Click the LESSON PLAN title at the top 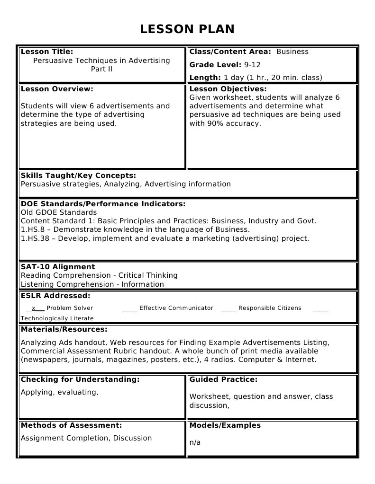coord(187,29)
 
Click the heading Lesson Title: coord(47,52)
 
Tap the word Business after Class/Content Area coord(292,52)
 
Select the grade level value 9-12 coord(252,65)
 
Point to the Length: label coord(205,78)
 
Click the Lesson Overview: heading coord(57,89)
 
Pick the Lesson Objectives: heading coord(228,89)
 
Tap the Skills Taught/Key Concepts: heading coord(78,176)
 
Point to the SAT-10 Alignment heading coord(58,267)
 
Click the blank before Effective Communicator coord(129,308)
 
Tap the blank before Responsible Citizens coord(229,308)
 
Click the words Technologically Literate coord(57,318)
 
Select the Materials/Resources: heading coord(64,329)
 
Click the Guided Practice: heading coord(223,379)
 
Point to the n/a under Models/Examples coord(195,442)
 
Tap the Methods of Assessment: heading coord(71,425)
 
